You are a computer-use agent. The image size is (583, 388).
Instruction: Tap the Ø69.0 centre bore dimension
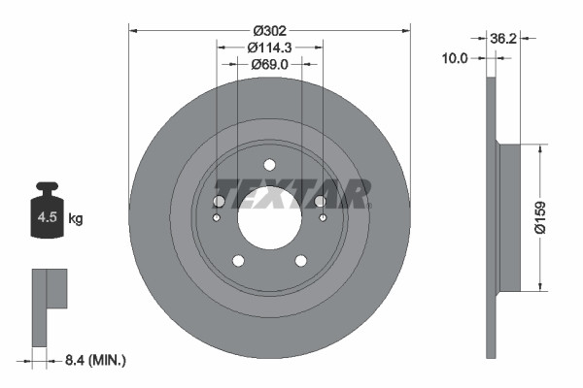(269, 64)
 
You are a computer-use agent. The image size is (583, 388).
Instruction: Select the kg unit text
(76, 219)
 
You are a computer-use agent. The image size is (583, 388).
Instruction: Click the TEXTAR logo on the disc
(291, 194)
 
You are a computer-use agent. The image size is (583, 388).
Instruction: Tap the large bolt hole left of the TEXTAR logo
(219, 201)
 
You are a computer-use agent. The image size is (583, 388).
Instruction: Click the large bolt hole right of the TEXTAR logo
(320, 201)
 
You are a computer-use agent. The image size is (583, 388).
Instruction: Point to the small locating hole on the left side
(216, 217)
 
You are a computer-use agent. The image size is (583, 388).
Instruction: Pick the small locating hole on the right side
(323, 217)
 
